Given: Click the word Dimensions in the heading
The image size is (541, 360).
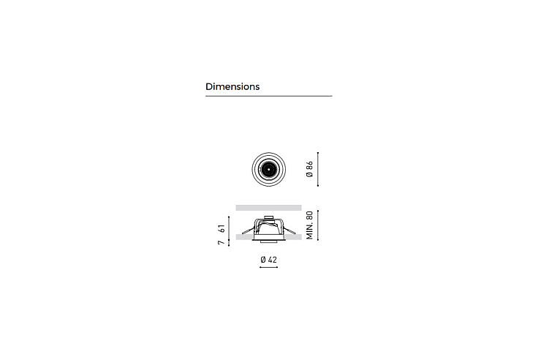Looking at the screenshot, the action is pyautogui.click(x=232, y=86).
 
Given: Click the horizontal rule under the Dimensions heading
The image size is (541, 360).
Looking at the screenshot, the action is pyautogui.click(x=269, y=96).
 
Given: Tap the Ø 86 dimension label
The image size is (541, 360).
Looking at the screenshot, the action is pyautogui.click(x=309, y=169).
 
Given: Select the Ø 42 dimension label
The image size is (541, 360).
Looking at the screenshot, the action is pyautogui.click(x=269, y=260).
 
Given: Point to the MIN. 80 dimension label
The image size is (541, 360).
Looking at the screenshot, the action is pyautogui.click(x=309, y=225).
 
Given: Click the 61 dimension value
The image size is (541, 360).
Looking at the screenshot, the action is pyautogui.click(x=222, y=228).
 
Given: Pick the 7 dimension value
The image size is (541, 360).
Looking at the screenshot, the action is pyautogui.click(x=222, y=243).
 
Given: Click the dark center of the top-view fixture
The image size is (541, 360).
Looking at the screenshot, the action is pyautogui.click(x=268, y=170).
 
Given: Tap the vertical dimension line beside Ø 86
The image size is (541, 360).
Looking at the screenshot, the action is pyautogui.click(x=318, y=169).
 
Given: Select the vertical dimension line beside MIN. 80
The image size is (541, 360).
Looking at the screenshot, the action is pyautogui.click(x=318, y=225).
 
